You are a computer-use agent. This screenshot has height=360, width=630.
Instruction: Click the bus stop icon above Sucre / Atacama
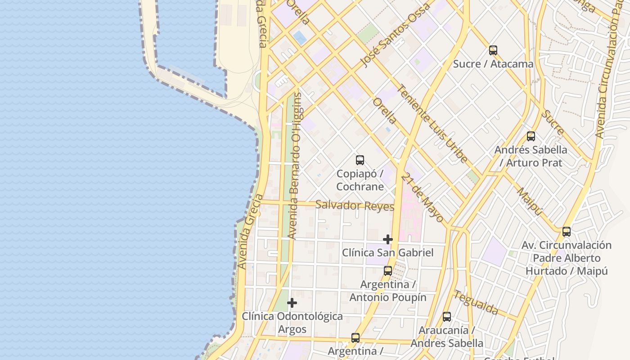tap(493, 50)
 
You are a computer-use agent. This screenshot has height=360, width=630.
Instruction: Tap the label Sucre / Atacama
tap(493, 64)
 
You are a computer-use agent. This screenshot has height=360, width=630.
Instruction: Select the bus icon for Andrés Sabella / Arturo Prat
tap(531, 136)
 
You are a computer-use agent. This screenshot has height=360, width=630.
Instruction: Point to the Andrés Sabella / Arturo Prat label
tap(531, 156)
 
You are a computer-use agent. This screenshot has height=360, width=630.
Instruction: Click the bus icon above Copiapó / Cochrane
tap(360, 160)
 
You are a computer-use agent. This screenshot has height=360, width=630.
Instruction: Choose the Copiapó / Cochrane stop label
tap(360, 180)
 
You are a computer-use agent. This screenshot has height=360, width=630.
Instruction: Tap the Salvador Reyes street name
tap(355, 206)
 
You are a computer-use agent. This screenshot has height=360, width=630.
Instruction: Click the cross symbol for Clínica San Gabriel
tap(388, 239)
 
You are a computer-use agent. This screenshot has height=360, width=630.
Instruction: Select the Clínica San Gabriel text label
tap(388, 252)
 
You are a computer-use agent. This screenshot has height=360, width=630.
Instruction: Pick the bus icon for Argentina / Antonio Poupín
tap(388, 271)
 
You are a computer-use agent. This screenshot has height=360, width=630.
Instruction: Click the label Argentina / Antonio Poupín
tap(388, 291)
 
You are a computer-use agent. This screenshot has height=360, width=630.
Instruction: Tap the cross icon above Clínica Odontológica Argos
tap(292, 303)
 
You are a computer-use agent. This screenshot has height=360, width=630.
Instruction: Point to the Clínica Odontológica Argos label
tap(292, 323)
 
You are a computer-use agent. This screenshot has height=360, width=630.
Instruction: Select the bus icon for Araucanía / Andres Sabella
tap(447, 317)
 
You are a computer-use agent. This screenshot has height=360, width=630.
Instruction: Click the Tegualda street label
tap(476, 302)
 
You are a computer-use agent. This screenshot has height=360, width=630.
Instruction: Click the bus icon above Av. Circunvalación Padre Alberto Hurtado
tap(567, 232)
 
